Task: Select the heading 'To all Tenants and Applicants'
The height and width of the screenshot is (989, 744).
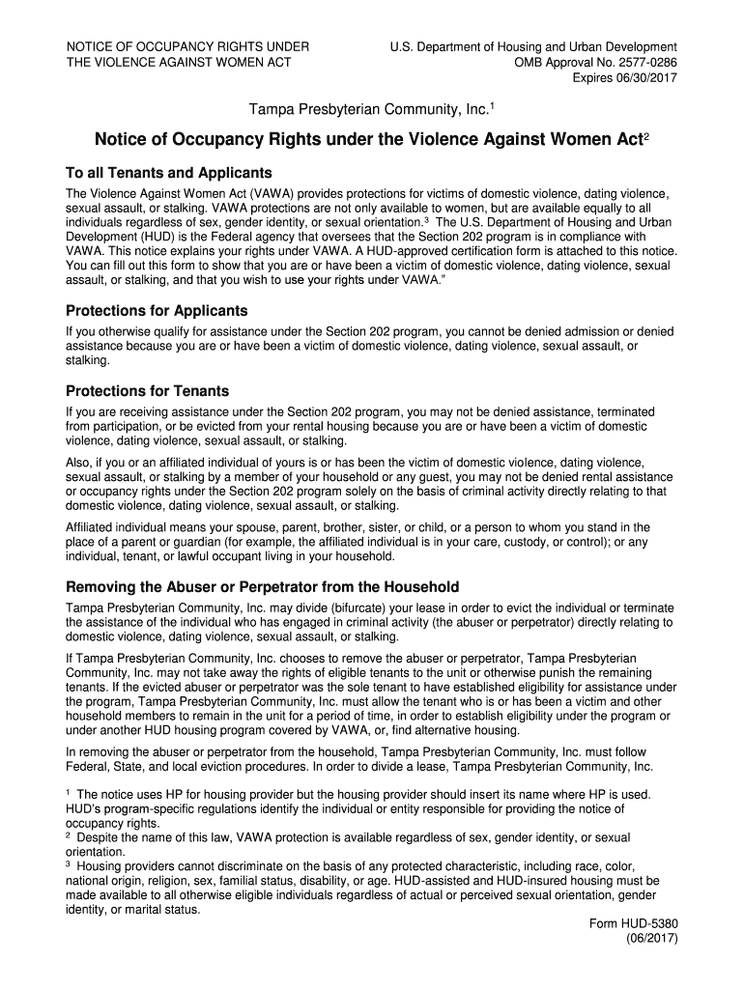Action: click(168, 173)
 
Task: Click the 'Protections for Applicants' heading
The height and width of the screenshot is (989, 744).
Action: click(157, 311)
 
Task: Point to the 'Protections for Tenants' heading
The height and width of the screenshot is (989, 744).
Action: click(147, 391)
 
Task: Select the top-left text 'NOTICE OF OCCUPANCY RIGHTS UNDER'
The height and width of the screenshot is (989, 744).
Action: click(187, 46)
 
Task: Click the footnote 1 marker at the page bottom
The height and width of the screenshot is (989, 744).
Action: click(68, 792)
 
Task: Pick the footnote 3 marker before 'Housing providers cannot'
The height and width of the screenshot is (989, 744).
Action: click(68, 865)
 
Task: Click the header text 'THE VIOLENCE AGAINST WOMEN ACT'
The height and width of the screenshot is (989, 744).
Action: click(179, 62)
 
